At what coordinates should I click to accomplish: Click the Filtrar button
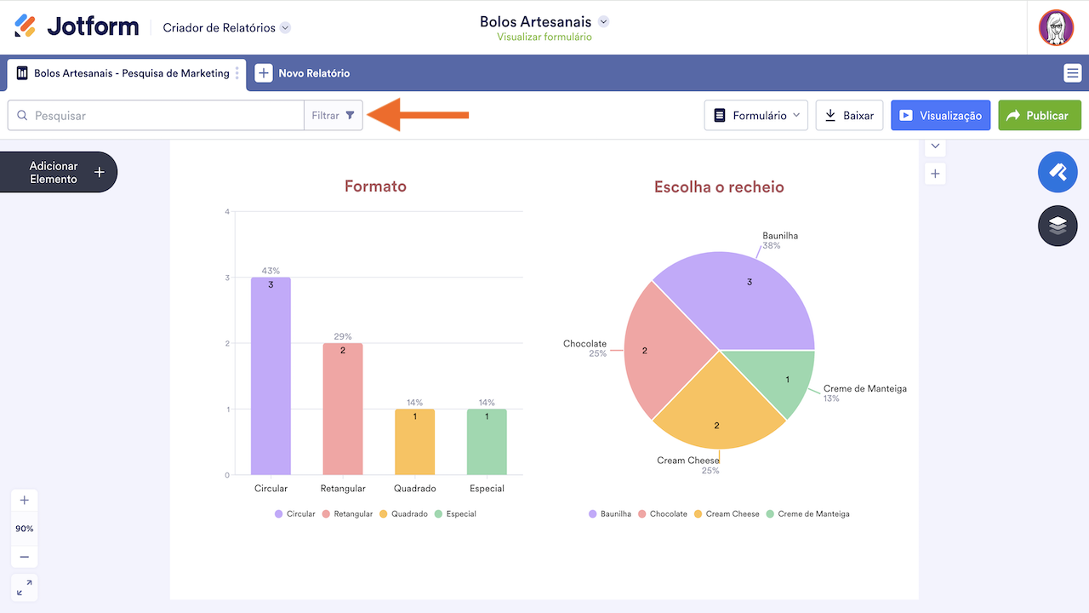pyautogui.click(x=333, y=116)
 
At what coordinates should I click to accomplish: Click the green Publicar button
pyautogui.click(x=1039, y=116)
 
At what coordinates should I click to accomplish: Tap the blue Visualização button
pyautogui.click(x=940, y=116)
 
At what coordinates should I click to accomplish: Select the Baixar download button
pyautogui.click(x=849, y=116)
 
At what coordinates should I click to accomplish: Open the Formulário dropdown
pyautogui.click(x=755, y=116)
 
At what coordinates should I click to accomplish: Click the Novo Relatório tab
pyautogui.click(x=303, y=73)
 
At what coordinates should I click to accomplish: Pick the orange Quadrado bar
pyautogui.click(x=414, y=442)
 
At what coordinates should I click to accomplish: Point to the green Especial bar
pyautogui.click(x=487, y=442)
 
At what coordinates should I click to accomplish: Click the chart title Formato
pyautogui.click(x=375, y=186)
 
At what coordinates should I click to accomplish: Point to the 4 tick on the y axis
pyautogui.click(x=227, y=211)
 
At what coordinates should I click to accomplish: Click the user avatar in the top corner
pyautogui.click(x=1056, y=28)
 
